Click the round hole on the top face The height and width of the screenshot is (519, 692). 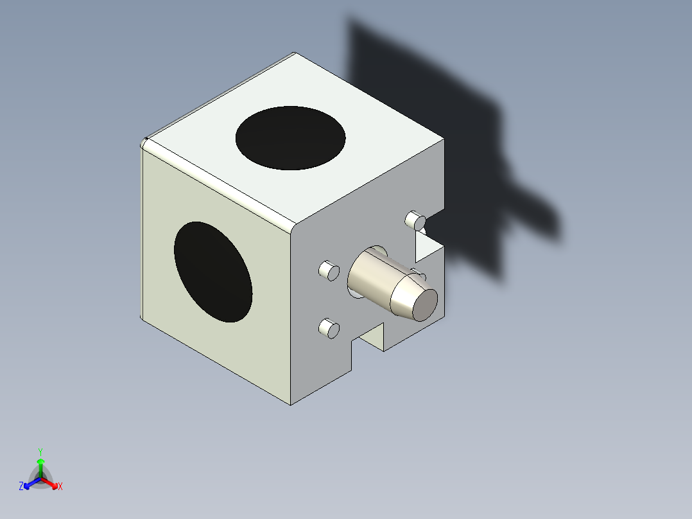(x=290, y=137)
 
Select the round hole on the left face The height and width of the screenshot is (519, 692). (x=212, y=271)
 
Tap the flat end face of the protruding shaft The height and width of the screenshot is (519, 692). (x=424, y=304)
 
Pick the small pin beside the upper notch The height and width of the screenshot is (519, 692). (x=415, y=220)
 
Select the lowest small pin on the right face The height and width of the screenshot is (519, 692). (x=329, y=328)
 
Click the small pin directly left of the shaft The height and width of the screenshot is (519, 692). (x=329, y=271)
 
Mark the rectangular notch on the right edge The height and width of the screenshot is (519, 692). (x=429, y=239)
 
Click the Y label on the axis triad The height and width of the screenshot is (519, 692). (x=40, y=452)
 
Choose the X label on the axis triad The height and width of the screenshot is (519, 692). (x=60, y=487)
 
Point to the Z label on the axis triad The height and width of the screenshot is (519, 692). (x=21, y=487)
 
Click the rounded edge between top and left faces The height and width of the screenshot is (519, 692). (x=218, y=182)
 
